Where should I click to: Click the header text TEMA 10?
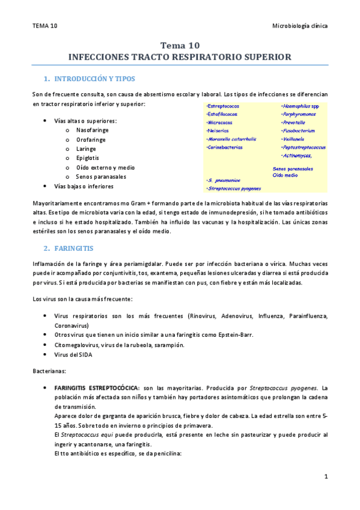click(45, 26)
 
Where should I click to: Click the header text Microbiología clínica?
click(300, 26)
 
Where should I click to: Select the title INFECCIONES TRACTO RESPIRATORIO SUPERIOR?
click(180, 57)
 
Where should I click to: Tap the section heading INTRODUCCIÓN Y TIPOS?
click(94, 79)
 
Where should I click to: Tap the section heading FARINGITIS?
click(77, 248)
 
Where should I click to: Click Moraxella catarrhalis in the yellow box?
click(231, 139)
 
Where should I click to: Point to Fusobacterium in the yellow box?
click(299, 131)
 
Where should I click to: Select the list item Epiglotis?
click(88, 158)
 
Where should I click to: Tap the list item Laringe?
click(87, 149)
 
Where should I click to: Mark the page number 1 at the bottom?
click(325, 477)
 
